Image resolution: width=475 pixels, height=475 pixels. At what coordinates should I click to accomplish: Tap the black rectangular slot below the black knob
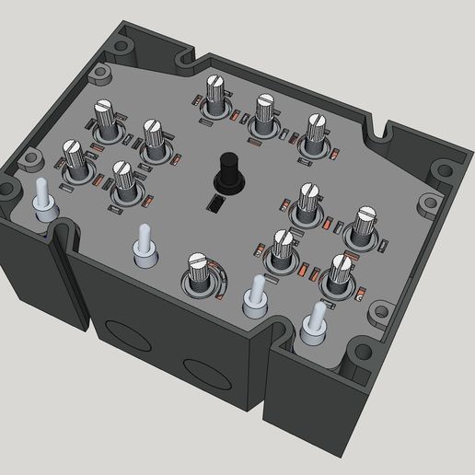point(214,203)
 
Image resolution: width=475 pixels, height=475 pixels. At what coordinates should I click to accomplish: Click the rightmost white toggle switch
point(316,323)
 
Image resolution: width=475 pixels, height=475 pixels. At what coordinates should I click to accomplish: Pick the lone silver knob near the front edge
point(201,274)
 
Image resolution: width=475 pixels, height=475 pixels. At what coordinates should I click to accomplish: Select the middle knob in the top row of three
point(265,110)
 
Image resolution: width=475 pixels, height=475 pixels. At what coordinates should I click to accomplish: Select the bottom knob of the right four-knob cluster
point(339,272)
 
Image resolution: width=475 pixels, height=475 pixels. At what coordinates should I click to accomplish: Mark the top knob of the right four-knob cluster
point(309,201)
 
